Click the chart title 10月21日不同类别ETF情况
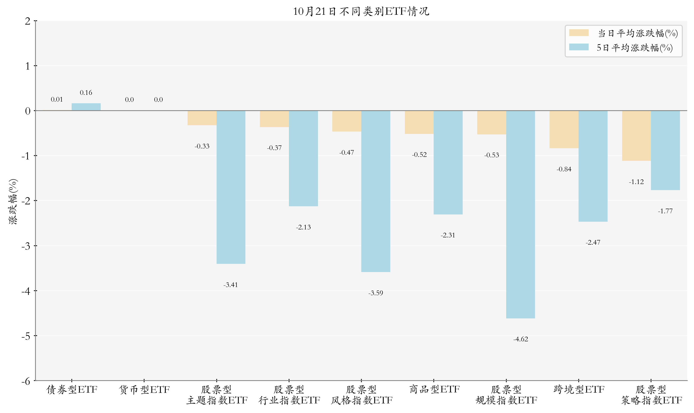coord(361,11)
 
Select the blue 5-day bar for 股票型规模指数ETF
coord(520,214)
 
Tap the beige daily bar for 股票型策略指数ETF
coord(636,136)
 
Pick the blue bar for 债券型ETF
coord(86,107)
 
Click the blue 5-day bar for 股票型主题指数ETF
coord(231,187)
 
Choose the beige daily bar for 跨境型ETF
coord(564,129)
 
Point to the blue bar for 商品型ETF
coord(448,162)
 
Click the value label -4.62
coord(520,339)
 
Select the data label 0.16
coord(86,92)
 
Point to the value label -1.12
coord(636,182)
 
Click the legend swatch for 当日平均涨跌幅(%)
coord(579,33)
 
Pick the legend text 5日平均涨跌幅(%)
coord(635,48)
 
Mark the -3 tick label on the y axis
coord(26,246)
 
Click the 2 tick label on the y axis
coord(28,21)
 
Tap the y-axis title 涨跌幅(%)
coord(13,202)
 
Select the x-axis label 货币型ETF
coord(144,389)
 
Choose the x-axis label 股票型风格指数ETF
coord(362,395)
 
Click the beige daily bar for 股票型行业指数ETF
coord(274,119)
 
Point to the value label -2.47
coord(593,242)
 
